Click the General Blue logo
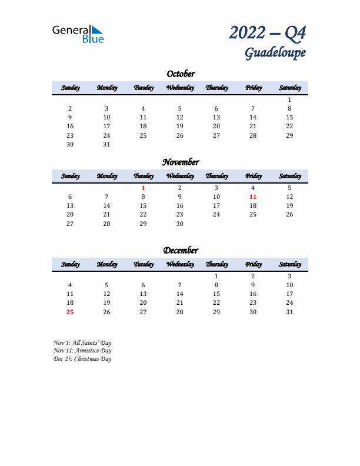(78, 34)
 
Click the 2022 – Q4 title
(268, 32)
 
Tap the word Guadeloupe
(275, 53)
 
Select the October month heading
(181, 74)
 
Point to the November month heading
(181, 162)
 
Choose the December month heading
(181, 250)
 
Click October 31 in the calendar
(106, 144)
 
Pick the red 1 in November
(143, 188)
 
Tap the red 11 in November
(253, 197)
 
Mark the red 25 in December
(70, 312)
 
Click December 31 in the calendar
(289, 312)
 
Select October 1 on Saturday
(289, 99)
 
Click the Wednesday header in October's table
(180, 88)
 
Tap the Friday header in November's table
(253, 176)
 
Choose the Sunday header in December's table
(70, 264)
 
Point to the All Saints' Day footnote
(82, 342)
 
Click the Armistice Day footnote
(82, 351)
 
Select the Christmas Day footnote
(82, 359)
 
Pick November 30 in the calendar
(180, 224)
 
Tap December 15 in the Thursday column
(216, 294)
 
